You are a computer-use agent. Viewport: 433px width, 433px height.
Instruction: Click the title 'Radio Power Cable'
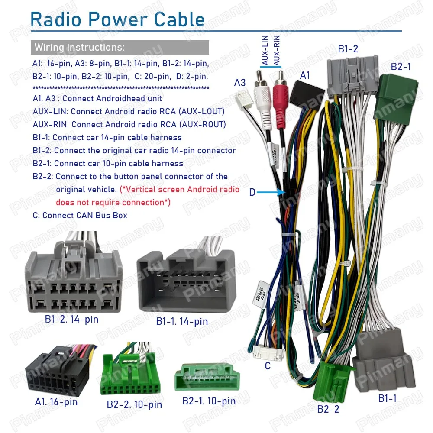(118, 19)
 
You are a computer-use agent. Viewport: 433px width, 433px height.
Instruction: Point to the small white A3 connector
(242, 101)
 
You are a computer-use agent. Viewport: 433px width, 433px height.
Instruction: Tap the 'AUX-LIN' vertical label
(265, 51)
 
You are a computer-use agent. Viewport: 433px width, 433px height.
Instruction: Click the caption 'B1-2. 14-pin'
(71, 320)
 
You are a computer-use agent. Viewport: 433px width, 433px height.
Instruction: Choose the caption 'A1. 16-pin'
(56, 402)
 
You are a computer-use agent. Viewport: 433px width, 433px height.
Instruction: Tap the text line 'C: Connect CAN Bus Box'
(80, 215)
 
